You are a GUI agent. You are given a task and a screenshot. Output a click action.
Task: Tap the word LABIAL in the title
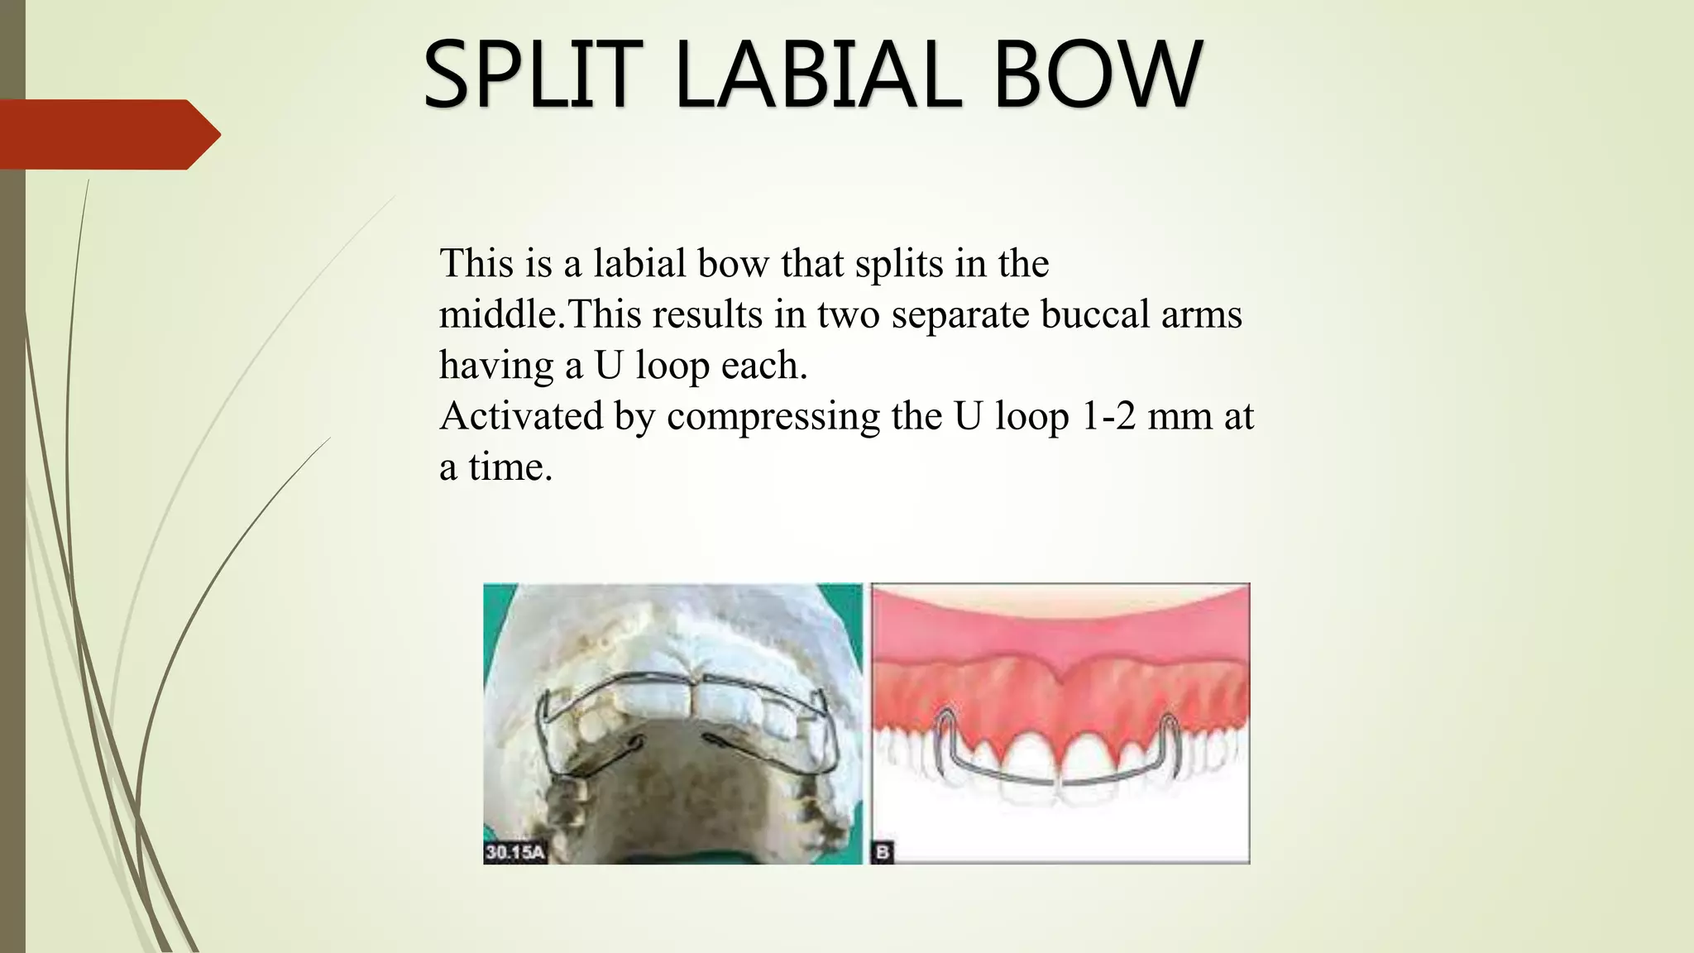(818, 75)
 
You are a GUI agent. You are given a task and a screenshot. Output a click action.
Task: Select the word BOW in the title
(1097, 75)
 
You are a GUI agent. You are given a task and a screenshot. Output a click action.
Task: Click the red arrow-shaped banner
(108, 134)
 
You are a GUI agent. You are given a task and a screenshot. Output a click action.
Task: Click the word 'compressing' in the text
(773, 416)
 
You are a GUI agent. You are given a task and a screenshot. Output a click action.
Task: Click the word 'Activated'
(520, 416)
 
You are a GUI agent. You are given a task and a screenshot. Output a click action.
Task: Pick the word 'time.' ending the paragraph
(510, 467)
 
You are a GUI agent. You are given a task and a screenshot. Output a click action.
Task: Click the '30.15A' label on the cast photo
(514, 852)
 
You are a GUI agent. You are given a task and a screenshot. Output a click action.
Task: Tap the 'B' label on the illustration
(883, 852)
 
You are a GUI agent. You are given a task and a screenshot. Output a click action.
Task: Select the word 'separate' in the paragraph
(959, 314)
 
